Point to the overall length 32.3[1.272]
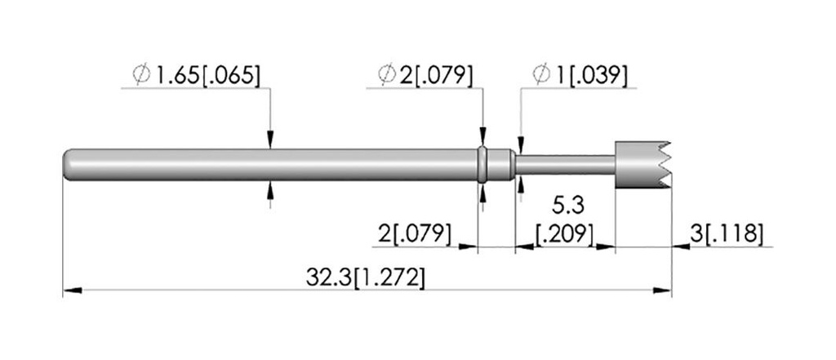coord(365,278)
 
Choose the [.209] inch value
coord(565,234)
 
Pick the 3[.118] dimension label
coord(726,233)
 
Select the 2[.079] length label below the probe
coord(415,233)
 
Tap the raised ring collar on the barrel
coord(482,165)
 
